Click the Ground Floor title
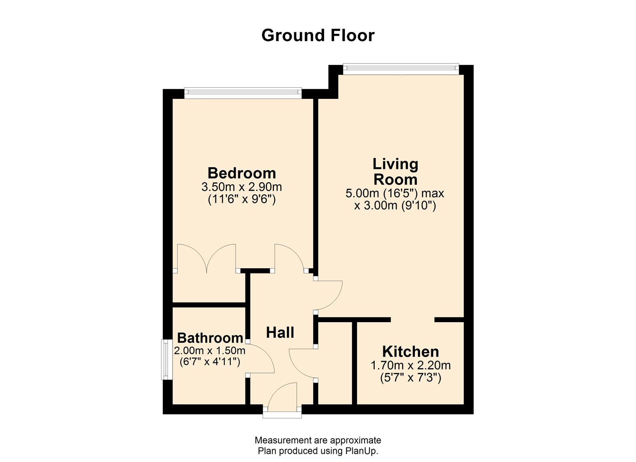pos(318,35)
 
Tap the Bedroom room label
pos(242,173)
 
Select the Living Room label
pos(395,172)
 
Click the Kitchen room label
pos(410,351)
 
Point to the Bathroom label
pos(210,338)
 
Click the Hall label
pos(280,332)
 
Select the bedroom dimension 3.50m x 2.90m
pos(242,187)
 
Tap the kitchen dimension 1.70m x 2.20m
pos(410,365)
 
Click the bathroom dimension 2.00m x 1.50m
pos(209,351)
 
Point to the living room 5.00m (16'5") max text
pos(395,193)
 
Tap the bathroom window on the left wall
pos(166,359)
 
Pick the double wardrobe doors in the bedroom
pos(206,259)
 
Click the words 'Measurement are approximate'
pos(318,440)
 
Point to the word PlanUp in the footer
pos(361,451)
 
